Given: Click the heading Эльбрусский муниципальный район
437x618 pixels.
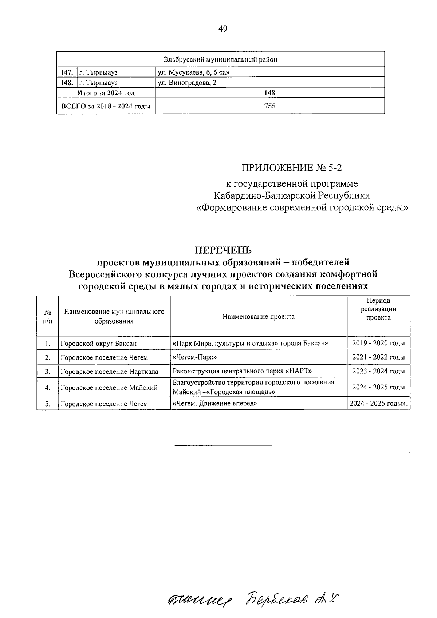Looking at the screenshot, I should pos(220,59).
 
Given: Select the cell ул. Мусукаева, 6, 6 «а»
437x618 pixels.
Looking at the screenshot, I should pos(193,72).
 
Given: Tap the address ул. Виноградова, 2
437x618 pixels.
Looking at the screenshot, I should pos(187,83).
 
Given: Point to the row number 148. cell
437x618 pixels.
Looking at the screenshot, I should pos(67,83).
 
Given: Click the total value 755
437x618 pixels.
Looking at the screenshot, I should pos(270,106).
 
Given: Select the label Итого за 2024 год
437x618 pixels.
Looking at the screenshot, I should pos(106,93).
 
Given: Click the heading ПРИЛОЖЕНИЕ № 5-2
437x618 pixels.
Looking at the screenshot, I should pos(292,168).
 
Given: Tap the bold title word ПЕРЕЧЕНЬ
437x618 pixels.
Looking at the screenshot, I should pos(223,250).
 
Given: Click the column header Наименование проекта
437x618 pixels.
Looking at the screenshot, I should pos(258,317).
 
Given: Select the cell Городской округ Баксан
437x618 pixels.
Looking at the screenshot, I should pos(99,343).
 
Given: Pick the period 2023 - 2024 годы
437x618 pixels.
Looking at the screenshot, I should pos(378,372).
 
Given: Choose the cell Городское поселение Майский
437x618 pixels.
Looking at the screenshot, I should pos(109,388).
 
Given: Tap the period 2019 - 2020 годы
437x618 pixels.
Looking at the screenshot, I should pos(378,343).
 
